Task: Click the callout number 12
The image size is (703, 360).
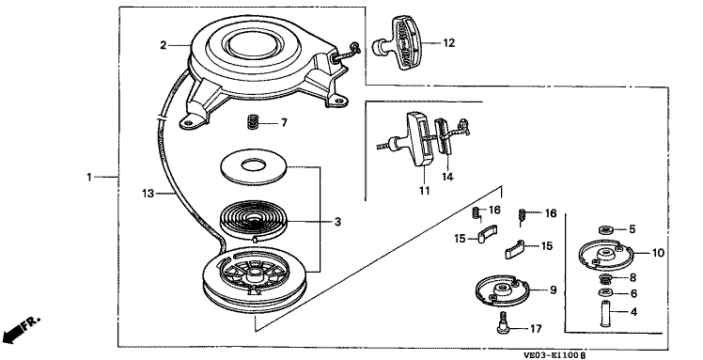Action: coord(449,43)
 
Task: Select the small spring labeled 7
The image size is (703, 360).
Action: coord(254,122)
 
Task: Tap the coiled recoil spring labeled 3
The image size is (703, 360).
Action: coord(253,222)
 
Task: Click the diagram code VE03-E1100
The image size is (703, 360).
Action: coord(552,355)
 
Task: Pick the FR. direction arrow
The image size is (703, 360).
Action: coord(20,331)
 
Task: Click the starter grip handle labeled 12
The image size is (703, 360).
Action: coord(397,42)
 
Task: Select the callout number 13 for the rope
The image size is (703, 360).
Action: coord(148,194)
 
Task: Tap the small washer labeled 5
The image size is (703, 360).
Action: coord(606,230)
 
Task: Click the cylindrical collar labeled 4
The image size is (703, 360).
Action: coord(605,313)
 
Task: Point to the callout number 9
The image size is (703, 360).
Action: coord(553,290)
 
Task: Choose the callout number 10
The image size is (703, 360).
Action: coord(658,253)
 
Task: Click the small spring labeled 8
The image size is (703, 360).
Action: coord(605,279)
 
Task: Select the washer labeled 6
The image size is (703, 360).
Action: coord(605,293)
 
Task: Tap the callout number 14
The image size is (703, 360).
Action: coord(447,177)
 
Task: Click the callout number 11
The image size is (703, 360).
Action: coord(425,191)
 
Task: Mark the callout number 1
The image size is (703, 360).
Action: coord(88,178)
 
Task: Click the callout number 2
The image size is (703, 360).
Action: coord(164,45)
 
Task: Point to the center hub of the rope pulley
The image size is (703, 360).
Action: coord(254,272)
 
